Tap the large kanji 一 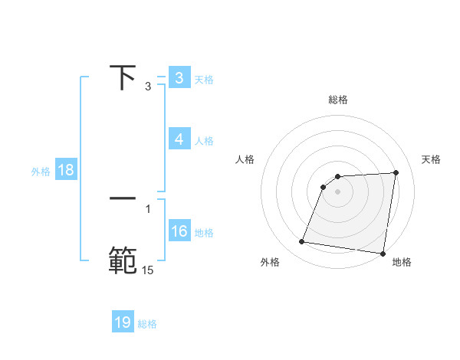(x=124, y=198)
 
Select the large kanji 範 (x=123, y=259)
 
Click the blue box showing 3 (x=179, y=78)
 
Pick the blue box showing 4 (x=179, y=139)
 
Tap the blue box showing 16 (x=179, y=231)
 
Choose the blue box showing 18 (x=66, y=170)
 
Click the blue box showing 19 (x=123, y=322)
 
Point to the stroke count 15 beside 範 (x=147, y=270)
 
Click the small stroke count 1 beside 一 (x=148, y=208)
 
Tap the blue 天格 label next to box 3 (x=204, y=79)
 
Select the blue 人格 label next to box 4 (x=204, y=140)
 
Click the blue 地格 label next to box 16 (x=204, y=232)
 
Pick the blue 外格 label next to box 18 (x=41, y=171)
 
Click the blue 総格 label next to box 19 (x=147, y=323)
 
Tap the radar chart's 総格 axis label (x=338, y=100)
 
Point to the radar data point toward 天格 (x=396, y=172)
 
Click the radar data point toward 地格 (x=383, y=254)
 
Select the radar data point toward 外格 (x=302, y=242)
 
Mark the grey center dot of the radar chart (x=338, y=191)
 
